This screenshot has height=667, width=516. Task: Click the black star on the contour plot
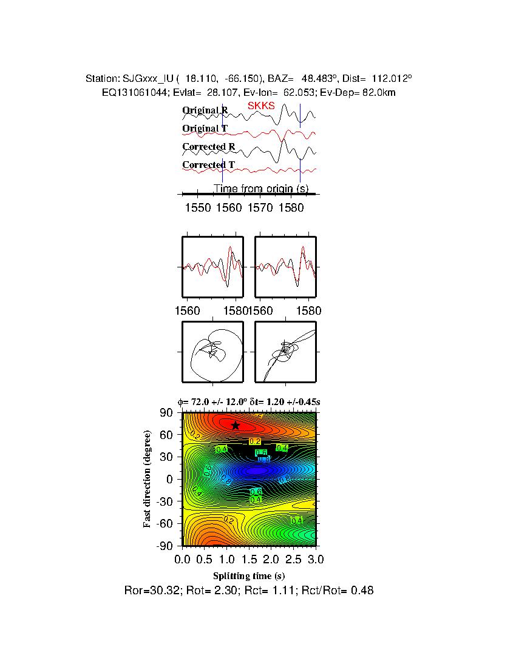click(236, 426)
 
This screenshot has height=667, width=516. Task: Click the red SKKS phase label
click(261, 106)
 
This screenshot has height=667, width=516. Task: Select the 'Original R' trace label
click(205, 110)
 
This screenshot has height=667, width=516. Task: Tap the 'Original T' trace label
click(205, 129)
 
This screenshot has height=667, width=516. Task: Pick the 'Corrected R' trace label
click(208, 147)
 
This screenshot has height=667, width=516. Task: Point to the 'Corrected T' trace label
click(208, 165)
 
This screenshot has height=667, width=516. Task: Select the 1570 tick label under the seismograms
click(260, 207)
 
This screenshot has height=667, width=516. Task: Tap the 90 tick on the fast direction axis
click(168, 413)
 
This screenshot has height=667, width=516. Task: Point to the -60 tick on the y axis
click(165, 523)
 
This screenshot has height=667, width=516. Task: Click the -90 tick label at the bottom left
click(165, 546)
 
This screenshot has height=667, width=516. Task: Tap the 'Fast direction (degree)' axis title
click(148, 479)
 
